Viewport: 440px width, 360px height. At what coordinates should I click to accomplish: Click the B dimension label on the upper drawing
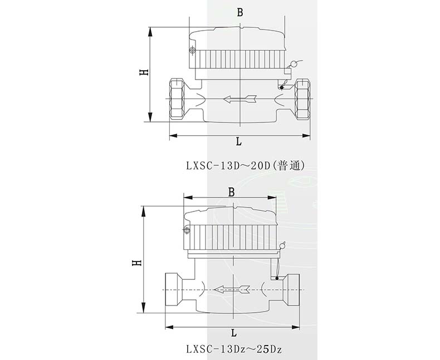coord(239,13)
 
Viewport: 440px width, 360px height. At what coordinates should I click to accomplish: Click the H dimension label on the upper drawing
coord(144,72)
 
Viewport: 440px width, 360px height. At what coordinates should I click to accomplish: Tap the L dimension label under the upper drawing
coord(239,141)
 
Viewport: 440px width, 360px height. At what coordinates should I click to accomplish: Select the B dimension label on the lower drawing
coord(231,193)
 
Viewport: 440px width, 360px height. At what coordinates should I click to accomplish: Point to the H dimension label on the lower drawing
coord(137,263)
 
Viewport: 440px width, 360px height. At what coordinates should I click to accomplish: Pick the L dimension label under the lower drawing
coord(234,333)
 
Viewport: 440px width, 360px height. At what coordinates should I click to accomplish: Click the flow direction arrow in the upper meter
coord(240,99)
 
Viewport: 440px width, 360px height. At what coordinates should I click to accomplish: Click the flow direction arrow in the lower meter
coord(232,290)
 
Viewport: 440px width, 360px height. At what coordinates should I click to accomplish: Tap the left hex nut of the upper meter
coord(177,99)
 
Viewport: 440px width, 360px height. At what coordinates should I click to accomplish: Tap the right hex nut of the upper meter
coord(302,99)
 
